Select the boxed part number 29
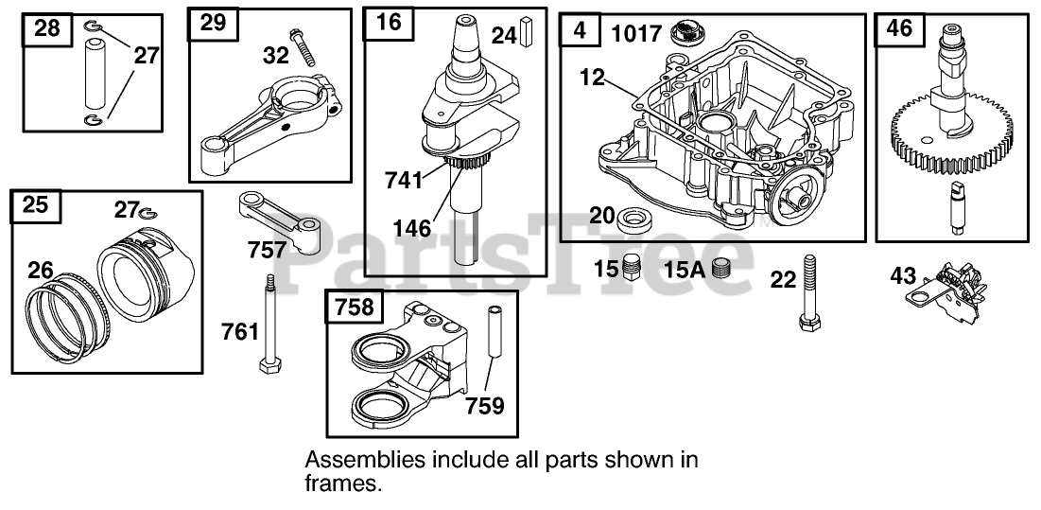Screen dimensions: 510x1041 click(x=214, y=23)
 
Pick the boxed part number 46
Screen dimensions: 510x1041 click(x=899, y=28)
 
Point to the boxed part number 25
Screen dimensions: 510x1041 click(x=35, y=204)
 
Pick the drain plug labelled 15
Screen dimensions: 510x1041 click(x=633, y=268)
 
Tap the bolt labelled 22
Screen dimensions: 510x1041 click(x=808, y=292)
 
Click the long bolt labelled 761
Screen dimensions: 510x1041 click(x=269, y=322)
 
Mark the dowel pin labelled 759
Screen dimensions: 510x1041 click(x=494, y=332)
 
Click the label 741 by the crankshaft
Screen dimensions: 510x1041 click(x=405, y=179)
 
